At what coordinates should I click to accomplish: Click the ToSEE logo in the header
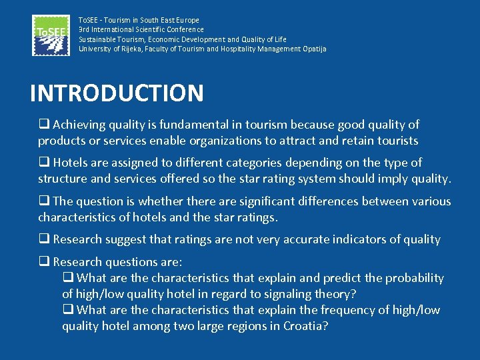tap(50, 35)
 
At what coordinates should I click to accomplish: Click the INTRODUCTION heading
tap(117, 93)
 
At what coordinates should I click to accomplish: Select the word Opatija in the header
tap(314, 49)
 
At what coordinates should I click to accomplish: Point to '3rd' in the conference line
tap(84, 29)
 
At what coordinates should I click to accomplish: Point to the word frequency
tap(349, 310)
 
